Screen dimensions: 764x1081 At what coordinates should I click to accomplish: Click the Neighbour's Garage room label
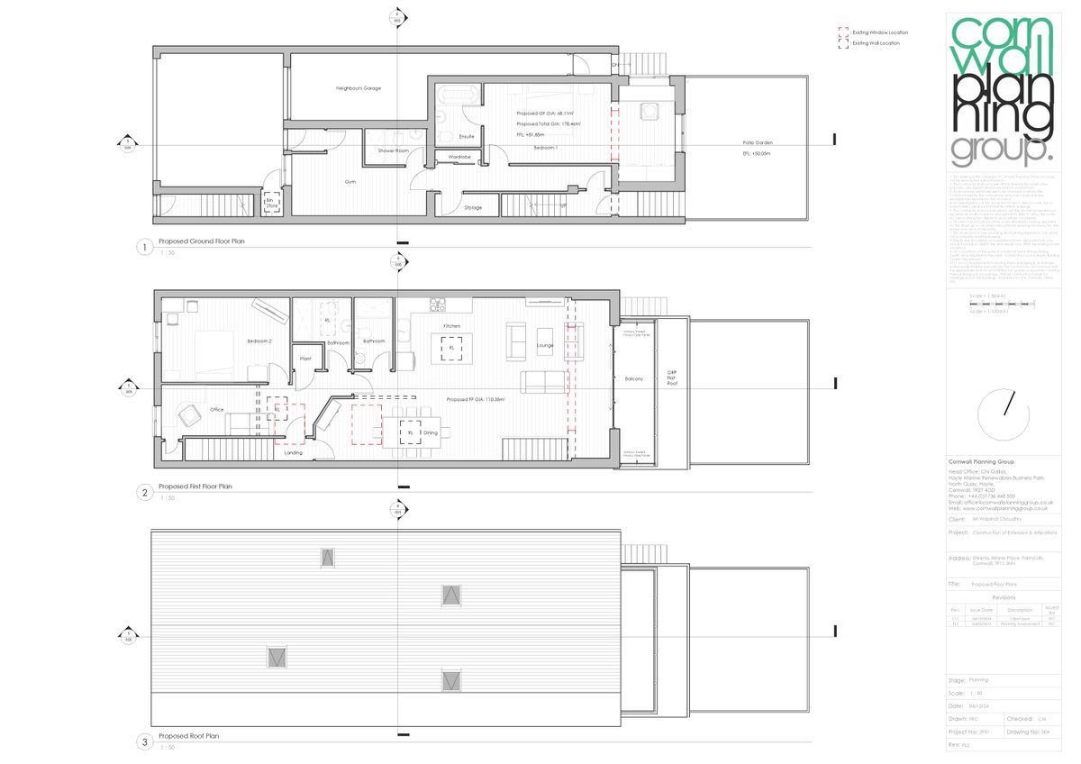pos(359,88)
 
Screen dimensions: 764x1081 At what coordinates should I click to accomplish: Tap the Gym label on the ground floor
pos(350,181)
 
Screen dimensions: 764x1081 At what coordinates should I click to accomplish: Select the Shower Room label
pos(394,150)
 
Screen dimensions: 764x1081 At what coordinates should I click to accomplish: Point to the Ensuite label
pos(467,137)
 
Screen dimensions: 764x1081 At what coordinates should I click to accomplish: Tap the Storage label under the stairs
pos(473,208)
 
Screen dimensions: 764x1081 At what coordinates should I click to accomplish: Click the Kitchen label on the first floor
pos(451,325)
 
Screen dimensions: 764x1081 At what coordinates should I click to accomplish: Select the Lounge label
pos(545,345)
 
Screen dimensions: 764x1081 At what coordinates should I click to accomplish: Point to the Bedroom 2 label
pos(260,342)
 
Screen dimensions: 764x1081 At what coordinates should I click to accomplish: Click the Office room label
pos(216,410)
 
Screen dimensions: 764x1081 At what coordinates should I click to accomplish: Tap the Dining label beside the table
pos(431,433)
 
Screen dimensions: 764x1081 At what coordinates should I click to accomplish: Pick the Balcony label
pos(634,378)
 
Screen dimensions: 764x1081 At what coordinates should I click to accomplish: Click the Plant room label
pos(305,359)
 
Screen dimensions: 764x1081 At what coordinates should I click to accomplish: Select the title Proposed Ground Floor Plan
pos(201,242)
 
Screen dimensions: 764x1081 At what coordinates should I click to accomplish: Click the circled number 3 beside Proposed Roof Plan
pos(143,743)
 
